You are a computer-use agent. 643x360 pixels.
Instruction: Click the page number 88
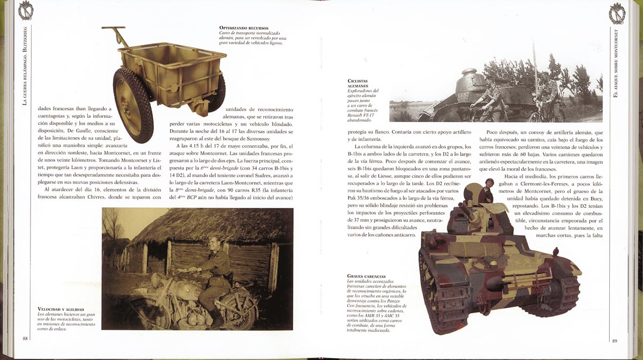[25, 338]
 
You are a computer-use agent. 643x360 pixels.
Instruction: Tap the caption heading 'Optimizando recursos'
[244, 27]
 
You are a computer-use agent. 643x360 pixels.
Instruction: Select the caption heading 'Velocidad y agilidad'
[59, 309]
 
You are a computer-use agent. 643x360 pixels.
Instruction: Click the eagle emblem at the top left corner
[25, 11]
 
